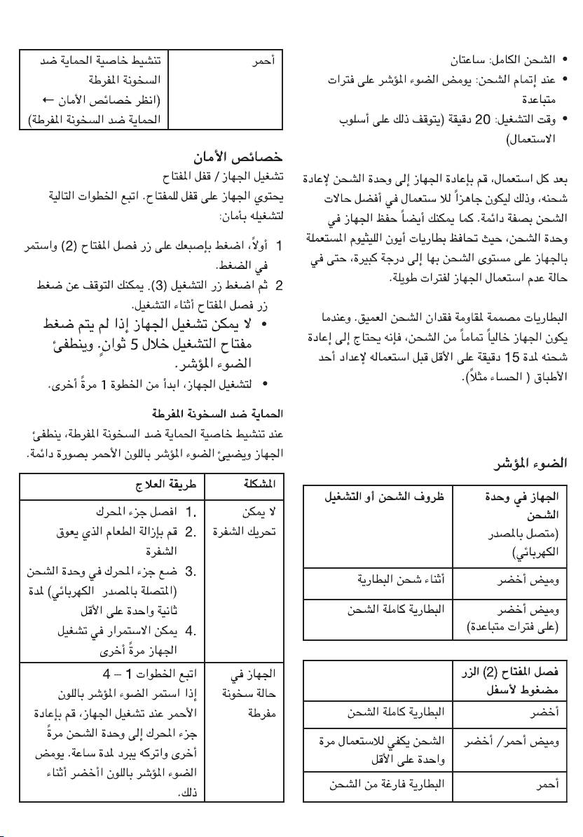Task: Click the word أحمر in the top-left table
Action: click(x=262, y=61)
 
